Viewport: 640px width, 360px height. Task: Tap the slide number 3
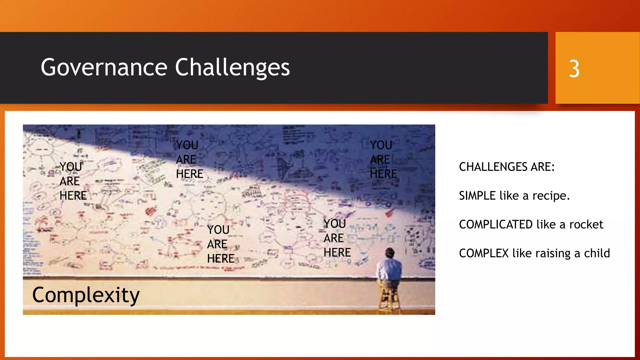[x=574, y=69]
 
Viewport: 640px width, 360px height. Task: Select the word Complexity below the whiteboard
[x=86, y=295]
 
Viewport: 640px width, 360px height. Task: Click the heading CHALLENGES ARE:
[x=507, y=167]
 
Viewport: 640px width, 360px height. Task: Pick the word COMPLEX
[x=484, y=253]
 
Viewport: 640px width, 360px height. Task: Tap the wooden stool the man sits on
[x=389, y=298]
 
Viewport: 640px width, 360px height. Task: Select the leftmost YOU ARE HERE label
[x=73, y=181]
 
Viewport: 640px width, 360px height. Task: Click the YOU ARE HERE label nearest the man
[x=337, y=238]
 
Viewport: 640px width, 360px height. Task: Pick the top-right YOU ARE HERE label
[x=383, y=160]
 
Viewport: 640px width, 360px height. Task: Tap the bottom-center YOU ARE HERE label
[x=220, y=244]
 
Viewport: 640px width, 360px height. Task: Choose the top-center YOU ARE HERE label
[x=189, y=160]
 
